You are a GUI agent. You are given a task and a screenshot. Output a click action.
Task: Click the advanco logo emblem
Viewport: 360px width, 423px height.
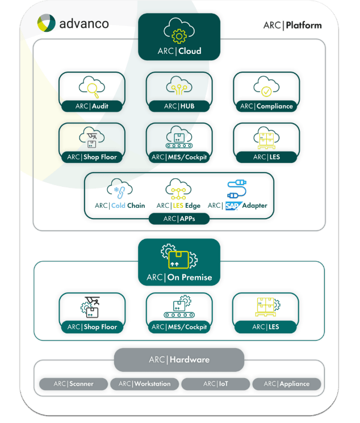[46, 23]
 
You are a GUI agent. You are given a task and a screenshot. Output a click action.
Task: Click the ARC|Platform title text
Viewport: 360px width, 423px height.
[292, 25]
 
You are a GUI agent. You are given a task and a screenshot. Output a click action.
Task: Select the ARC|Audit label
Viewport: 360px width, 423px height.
[91, 106]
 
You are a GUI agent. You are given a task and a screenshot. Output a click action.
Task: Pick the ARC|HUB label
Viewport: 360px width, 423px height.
[179, 106]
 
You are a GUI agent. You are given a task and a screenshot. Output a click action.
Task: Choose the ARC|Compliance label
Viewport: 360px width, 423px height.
[266, 106]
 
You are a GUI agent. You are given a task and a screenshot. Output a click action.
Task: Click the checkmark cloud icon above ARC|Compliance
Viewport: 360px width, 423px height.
[266, 87]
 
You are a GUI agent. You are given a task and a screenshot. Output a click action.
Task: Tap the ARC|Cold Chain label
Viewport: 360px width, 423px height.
[120, 206]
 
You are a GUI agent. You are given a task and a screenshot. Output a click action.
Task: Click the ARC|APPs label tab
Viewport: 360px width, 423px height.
[178, 219]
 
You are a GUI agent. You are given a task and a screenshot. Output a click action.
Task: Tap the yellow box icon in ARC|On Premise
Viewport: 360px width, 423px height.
[178, 259]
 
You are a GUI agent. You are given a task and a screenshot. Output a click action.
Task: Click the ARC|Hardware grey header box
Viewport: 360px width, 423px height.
[179, 360]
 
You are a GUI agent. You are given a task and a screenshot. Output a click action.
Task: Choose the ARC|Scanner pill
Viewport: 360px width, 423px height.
[73, 384]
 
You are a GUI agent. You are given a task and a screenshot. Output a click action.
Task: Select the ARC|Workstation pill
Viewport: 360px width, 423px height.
[144, 384]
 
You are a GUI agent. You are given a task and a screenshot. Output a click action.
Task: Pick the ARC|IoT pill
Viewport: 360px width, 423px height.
[216, 384]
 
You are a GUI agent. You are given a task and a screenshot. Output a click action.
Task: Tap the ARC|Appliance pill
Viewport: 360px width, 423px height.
[286, 384]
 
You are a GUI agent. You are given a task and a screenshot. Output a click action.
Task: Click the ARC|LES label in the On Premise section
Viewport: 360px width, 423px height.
[266, 327]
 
